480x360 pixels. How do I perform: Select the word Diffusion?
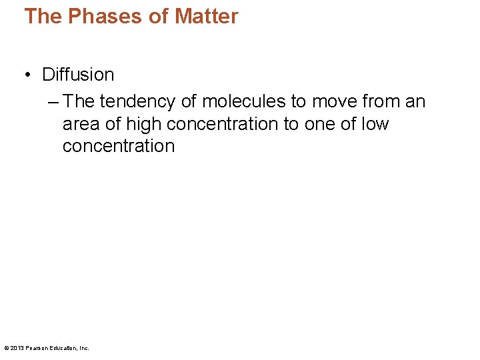point(78,75)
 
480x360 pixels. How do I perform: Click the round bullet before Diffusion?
point(29,75)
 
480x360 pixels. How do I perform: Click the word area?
point(82,125)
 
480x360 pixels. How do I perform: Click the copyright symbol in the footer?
point(6,348)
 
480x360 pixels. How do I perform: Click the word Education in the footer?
point(65,348)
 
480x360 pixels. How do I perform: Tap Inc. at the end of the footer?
point(85,348)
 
